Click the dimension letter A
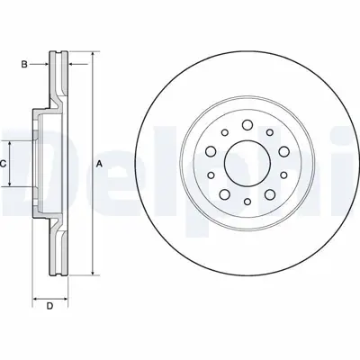(x=99, y=163)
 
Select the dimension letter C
(x=4, y=163)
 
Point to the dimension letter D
(x=50, y=305)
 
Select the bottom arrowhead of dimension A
(x=92, y=273)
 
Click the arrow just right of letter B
(x=44, y=64)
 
